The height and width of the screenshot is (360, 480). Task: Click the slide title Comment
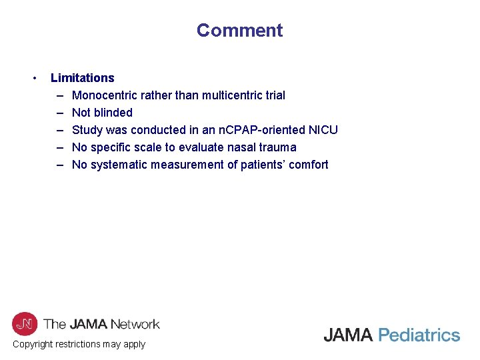(239, 31)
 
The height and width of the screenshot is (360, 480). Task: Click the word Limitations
(82, 78)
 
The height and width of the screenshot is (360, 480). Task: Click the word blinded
(113, 113)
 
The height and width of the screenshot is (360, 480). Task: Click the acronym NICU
(323, 130)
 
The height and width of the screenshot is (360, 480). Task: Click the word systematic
(117, 165)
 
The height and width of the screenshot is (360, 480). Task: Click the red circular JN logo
(25, 324)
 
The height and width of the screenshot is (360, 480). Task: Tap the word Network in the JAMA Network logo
(131, 325)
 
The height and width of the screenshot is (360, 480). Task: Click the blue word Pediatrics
(419, 335)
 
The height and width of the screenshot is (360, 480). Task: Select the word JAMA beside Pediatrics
(348, 335)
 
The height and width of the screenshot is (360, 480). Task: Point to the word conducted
(161, 130)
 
